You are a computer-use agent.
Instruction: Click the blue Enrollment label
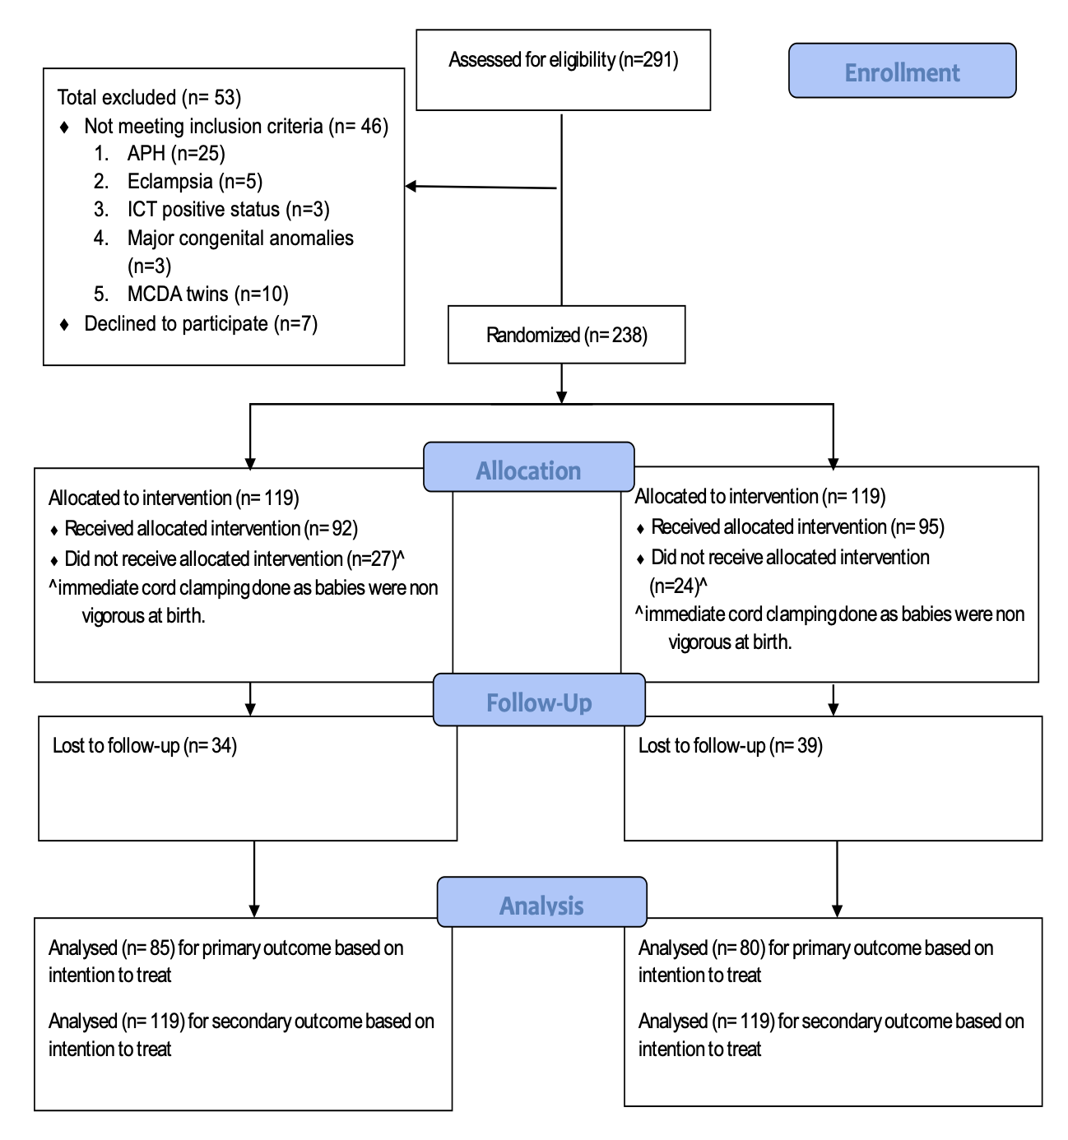coord(902,71)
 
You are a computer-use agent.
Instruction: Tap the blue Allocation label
coord(528,466)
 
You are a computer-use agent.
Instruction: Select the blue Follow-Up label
coord(539,699)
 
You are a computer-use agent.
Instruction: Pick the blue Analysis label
coord(541,901)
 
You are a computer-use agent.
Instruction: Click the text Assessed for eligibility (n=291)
coord(563,60)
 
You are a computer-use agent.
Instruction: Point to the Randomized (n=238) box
coord(566,335)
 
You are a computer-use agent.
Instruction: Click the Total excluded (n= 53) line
coord(149,98)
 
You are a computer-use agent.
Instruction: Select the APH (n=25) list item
coord(176,153)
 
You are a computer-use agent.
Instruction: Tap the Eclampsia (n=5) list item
coord(195,182)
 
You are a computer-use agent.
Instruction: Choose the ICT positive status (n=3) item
coord(228,210)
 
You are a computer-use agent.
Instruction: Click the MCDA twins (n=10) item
coord(207,294)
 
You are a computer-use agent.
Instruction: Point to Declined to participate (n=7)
coord(201,324)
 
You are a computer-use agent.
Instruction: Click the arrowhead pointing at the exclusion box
coord(411,186)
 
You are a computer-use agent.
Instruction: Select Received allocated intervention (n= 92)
coord(211,528)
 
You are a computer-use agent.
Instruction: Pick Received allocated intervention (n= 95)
coord(797,526)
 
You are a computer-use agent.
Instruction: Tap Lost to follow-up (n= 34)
coord(145,745)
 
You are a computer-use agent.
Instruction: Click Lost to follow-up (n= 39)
coord(730,745)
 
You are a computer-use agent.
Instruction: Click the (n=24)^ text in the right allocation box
coord(678,586)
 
